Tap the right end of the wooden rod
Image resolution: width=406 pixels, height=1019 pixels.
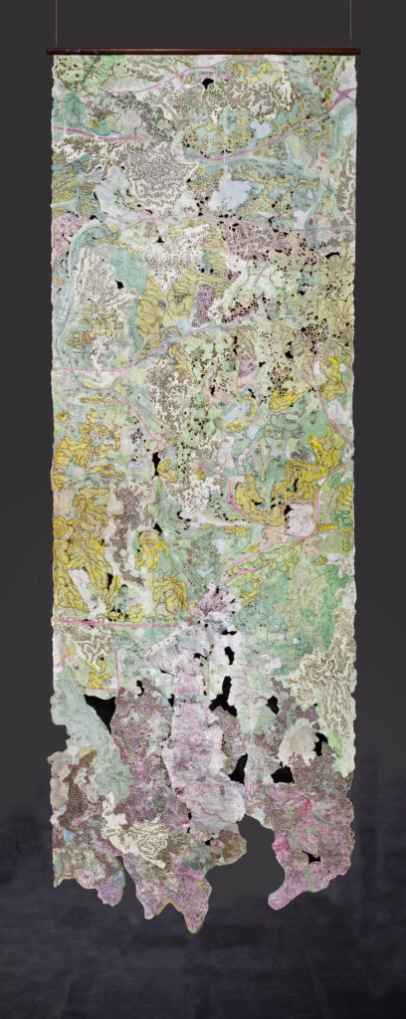tap(357, 51)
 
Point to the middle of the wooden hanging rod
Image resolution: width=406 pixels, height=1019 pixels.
tap(203, 51)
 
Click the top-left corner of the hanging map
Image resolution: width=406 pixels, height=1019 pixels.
tap(54, 58)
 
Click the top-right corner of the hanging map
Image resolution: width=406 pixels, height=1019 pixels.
tap(353, 58)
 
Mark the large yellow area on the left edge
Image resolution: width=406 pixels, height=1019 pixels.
tap(75, 547)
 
